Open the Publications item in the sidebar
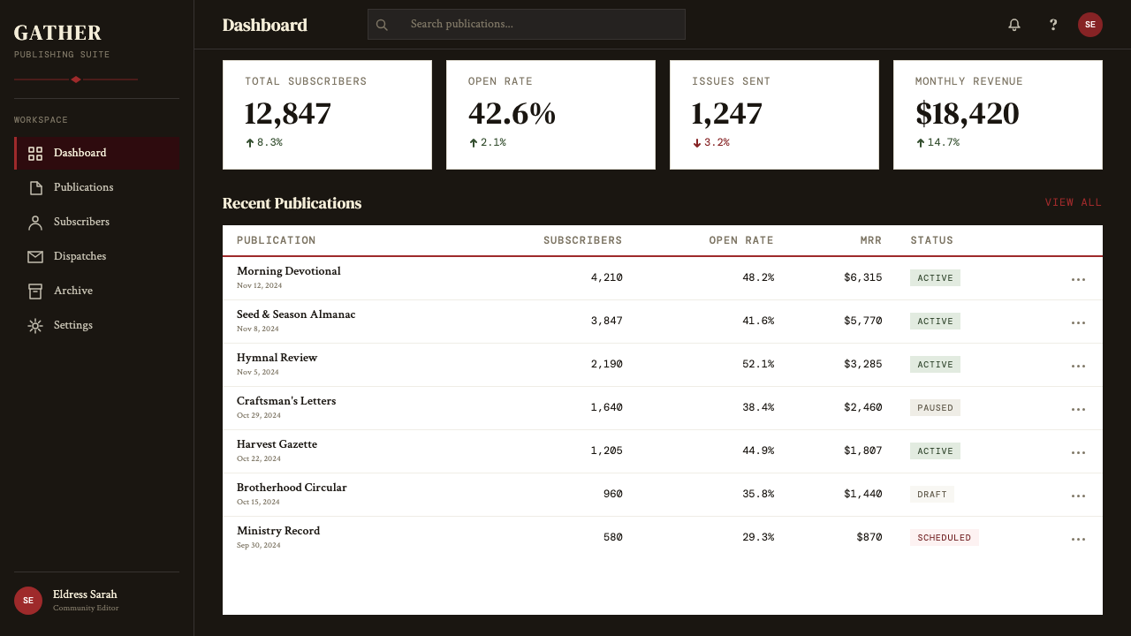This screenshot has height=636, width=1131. (x=83, y=187)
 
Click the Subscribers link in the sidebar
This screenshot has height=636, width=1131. (x=81, y=222)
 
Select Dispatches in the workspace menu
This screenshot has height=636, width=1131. (x=80, y=256)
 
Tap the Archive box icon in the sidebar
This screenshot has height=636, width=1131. (x=35, y=291)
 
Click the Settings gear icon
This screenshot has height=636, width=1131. (x=35, y=326)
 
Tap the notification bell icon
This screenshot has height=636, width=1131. (x=1013, y=25)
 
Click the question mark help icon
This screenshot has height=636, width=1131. (x=1052, y=25)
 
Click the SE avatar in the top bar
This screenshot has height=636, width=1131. (x=1090, y=25)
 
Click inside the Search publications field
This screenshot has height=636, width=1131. (x=526, y=24)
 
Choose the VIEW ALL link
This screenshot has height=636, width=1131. (x=1073, y=202)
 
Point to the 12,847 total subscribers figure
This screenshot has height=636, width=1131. (x=287, y=114)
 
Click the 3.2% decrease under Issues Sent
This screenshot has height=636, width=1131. (x=711, y=142)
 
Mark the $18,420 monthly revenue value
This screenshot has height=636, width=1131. (x=967, y=114)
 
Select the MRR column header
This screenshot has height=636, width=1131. (x=870, y=240)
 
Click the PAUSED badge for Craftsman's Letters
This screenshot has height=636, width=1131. (x=935, y=408)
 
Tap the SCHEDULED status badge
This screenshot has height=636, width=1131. (x=945, y=538)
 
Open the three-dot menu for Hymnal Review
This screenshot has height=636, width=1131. (x=1078, y=366)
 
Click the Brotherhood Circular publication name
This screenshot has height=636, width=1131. (x=292, y=488)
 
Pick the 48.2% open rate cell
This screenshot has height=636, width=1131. (x=758, y=277)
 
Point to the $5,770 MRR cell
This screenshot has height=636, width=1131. (x=863, y=321)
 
